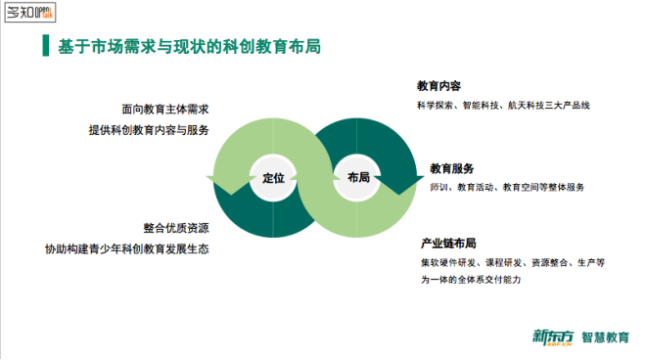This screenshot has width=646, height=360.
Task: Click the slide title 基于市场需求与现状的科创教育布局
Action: (x=190, y=47)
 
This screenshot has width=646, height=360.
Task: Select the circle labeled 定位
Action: (x=273, y=177)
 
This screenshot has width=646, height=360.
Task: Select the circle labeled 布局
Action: (x=357, y=177)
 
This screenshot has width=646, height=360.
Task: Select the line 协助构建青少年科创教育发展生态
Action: (x=126, y=248)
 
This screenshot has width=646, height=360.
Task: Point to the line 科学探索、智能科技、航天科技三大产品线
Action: (x=503, y=106)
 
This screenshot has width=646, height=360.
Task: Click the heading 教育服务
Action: (x=452, y=168)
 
